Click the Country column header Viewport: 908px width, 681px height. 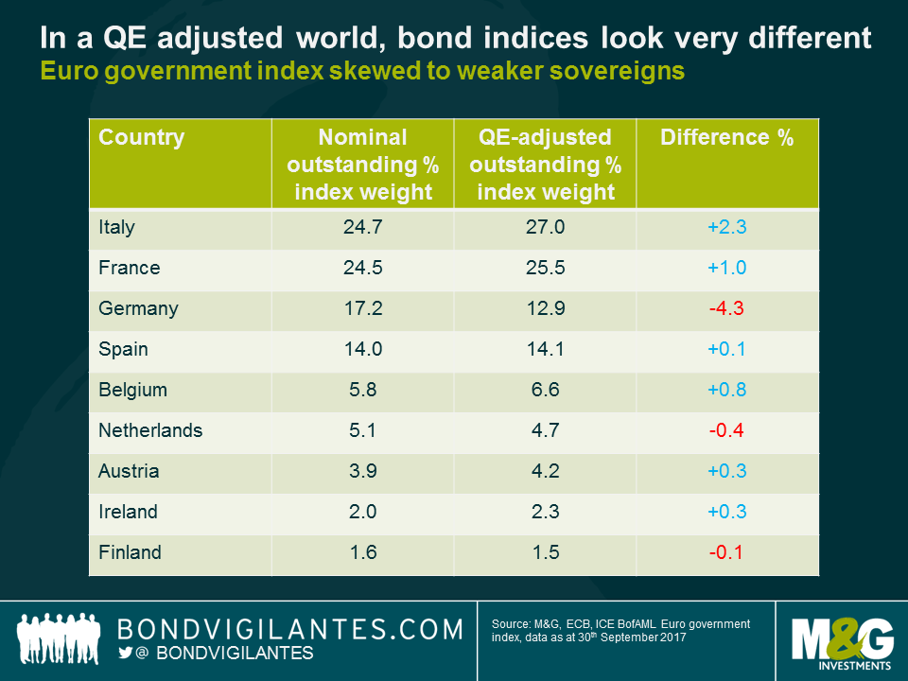coord(142,138)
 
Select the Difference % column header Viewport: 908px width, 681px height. coord(726,138)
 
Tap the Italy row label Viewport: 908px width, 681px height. coord(117,227)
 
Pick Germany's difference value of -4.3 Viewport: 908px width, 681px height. coord(726,308)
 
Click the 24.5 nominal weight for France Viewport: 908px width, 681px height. coord(362,268)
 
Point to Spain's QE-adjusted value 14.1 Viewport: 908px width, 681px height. coord(545,349)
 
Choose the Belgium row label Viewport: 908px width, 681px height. coord(132,390)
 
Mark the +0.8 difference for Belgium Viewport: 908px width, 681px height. coord(726,390)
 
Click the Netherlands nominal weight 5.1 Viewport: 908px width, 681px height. coord(362,430)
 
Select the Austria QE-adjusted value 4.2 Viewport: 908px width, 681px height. coord(545,471)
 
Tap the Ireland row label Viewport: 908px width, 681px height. coord(129,512)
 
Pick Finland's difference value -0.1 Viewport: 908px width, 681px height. coord(726,552)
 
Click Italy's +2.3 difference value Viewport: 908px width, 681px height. coord(726,227)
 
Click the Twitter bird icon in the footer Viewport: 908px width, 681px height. coord(125,654)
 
